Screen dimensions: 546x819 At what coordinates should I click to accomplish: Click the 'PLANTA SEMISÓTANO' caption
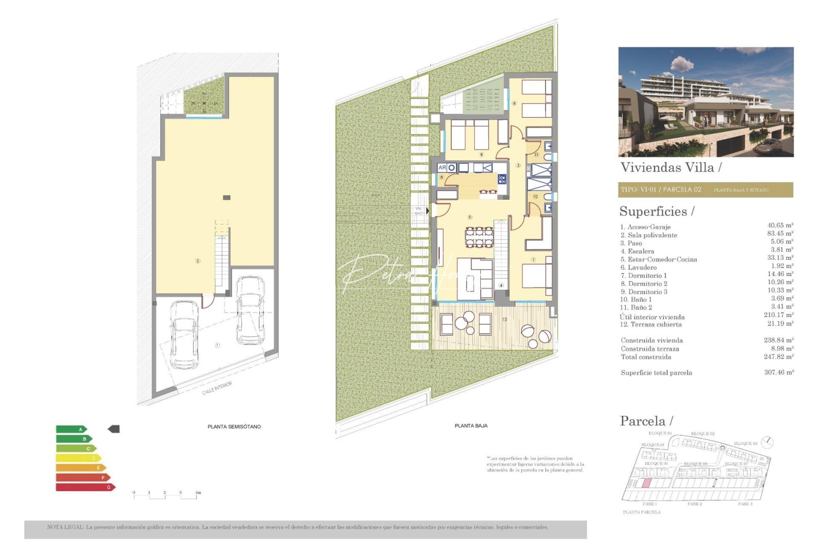tap(234, 427)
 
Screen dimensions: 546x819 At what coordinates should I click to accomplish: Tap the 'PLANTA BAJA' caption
tap(471, 426)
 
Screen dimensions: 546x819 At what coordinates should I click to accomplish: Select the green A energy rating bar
tap(71, 429)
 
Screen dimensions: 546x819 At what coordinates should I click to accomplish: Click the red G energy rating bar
tap(85, 487)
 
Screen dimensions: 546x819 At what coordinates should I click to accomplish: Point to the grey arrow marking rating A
tap(114, 429)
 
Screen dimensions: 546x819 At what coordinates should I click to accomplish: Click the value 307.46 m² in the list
tap(779, 372)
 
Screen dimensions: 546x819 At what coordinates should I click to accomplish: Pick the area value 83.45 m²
tap(780, 234)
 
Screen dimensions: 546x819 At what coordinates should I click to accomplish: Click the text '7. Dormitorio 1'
tap(644, 276)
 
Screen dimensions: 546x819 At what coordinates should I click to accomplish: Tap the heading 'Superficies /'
tap(657, 211)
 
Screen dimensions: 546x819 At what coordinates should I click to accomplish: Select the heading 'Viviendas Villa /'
tap(670, 167)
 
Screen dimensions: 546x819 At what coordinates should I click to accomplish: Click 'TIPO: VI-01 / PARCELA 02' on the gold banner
tap(661, 190)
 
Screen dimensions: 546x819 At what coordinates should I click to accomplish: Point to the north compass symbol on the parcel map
tap(767, 442)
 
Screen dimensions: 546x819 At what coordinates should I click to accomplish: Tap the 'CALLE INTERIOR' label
tap(217, 388)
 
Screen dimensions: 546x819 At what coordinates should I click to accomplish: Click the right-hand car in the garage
tap(250, 309)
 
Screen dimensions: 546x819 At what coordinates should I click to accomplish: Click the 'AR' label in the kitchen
tap(442, 167)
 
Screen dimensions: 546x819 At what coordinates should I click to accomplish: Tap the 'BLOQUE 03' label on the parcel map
tap(745, 443)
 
